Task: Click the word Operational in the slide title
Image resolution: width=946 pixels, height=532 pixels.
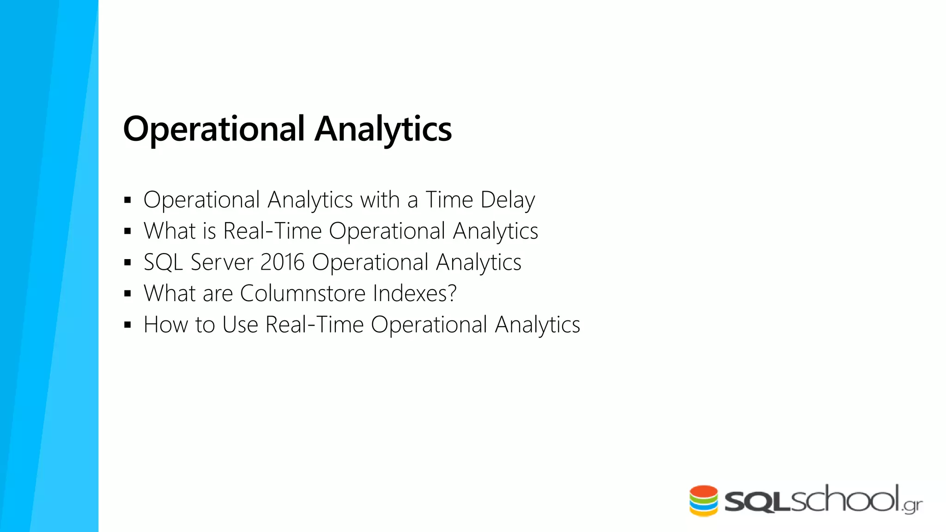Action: [x=214, y=129]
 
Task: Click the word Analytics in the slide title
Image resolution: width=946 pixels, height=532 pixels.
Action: [x=383, y=129]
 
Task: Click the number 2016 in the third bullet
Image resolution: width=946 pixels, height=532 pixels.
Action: [x=282, y=262]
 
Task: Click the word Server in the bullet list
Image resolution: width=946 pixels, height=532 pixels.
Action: [x=222, y=262]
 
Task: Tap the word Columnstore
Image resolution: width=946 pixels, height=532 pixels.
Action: [x=303, y=293]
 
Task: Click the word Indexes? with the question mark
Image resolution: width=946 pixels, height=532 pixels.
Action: [x=414, y=293]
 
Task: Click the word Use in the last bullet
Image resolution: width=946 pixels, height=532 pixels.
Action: [x=240, y=325]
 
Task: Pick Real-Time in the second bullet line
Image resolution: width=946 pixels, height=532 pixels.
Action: [x=272, y=231]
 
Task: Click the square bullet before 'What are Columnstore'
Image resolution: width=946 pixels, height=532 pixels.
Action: [x=128, y=294]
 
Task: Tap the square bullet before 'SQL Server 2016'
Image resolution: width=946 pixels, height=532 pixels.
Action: [x=128, y=263]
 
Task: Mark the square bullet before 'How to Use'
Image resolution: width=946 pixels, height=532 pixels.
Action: [x=128, y=325]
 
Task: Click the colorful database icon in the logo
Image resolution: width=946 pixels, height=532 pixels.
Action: [x=703, y=501]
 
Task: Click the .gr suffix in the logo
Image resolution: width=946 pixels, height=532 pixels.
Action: [x=912, y=505]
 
